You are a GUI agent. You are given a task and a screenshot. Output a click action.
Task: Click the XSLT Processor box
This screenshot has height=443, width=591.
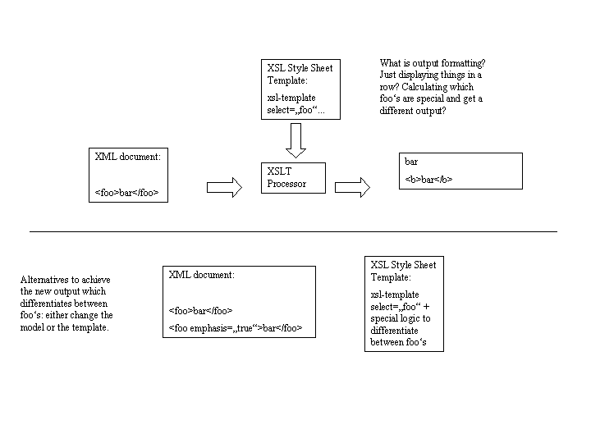(x=293, y=178)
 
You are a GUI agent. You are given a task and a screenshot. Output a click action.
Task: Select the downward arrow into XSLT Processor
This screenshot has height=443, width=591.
(x=295, y=140)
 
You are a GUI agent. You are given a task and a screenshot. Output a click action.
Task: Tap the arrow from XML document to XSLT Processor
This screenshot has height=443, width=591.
(x=224, y=187)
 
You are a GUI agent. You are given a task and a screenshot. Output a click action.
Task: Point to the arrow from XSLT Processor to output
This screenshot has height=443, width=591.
(x=352, y=187)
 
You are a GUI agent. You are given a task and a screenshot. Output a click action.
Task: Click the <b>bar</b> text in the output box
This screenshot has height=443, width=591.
(x=428, y=180)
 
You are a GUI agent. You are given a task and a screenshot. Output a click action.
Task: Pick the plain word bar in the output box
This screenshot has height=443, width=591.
(x=411, y=162)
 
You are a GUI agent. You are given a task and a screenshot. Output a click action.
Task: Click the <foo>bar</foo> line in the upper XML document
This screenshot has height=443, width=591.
(x=126, y=193)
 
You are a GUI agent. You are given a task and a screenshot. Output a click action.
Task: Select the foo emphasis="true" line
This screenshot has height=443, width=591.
(x=236, y=328)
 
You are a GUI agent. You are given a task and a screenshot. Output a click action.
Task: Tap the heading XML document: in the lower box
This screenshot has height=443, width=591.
(x=202, y=275)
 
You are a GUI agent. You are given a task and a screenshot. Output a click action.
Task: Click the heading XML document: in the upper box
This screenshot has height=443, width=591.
(x=128, y=157)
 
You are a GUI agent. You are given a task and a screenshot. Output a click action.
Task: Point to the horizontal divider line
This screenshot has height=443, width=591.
(x=293, y=231)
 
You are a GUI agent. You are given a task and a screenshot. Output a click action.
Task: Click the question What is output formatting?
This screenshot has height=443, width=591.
(x=433, y=63)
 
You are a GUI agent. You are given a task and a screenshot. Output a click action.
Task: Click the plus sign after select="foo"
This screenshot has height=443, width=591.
(x=426, y=307)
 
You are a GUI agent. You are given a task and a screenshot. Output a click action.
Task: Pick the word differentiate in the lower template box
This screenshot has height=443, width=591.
(x=394, y=331)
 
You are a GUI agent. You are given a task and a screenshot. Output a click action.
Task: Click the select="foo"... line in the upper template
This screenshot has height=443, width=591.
(x=295, y=110)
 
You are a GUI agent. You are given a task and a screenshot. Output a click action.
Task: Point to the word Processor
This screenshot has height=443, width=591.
(x=286, y=184)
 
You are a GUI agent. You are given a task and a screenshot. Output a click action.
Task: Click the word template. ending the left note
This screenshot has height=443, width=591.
(x=90, y=327)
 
